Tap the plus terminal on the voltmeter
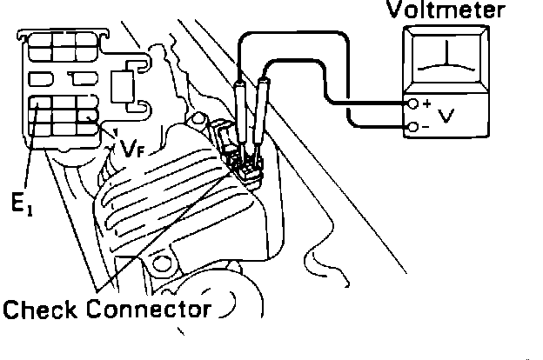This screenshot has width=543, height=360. [x=414, y=104]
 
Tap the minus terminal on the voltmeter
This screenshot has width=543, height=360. [x=414, y=128]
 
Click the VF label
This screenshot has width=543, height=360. [x=132, y=150]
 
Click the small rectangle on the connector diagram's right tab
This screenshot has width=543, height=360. [x=122, y=88]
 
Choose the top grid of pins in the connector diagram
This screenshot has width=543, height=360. [x=60, y=47]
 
